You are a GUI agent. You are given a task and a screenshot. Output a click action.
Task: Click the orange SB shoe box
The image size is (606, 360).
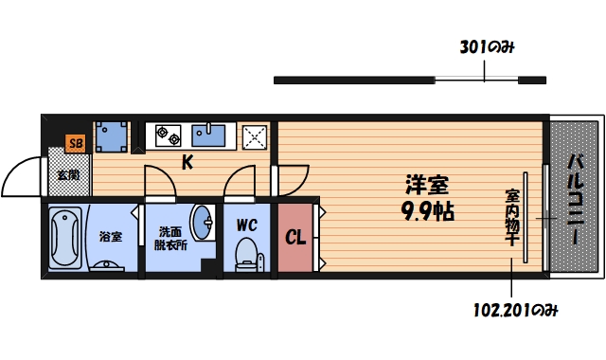pos(74,145)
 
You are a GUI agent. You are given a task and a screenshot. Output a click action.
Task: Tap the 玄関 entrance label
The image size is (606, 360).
pos(67,174)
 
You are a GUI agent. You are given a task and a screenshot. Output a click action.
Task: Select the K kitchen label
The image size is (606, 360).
pos(187,163)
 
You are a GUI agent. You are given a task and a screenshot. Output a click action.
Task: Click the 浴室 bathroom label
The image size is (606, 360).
pos(111,236)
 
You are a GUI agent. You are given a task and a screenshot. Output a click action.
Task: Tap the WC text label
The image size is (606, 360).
pos(247,225)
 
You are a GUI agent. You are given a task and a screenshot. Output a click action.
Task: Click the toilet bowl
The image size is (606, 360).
pos(247,254)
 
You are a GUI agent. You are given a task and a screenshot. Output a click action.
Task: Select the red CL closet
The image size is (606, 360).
pos(296,237)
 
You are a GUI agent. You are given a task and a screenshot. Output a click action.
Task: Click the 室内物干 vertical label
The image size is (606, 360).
pos(511,219)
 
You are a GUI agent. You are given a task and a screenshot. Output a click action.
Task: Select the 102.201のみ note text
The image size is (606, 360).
pos(513,309)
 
